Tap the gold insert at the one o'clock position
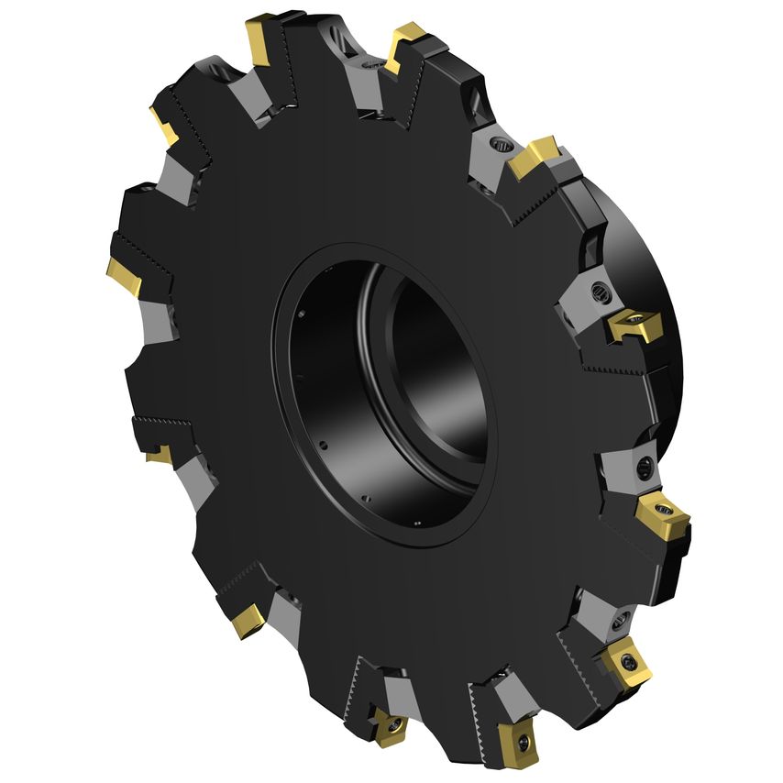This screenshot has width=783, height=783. point(536,158)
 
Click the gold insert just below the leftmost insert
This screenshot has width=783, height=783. point(158,454)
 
